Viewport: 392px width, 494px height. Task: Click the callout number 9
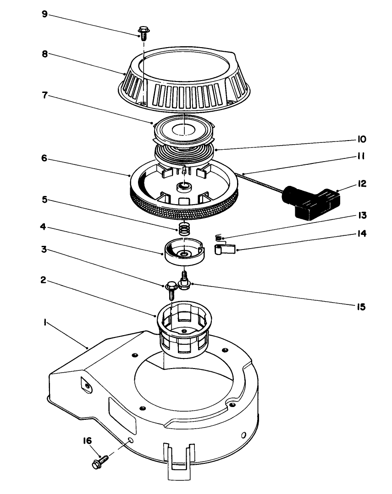click(x=44, y=14)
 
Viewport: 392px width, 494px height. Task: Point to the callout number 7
click(x=44, y=97)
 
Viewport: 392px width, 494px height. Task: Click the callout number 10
click(x=362, y=138)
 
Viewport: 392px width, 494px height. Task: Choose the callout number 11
click(x=361, y=157)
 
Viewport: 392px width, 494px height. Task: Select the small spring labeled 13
click(x=220, y=238)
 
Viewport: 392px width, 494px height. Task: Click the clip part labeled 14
click(x=224, y=250)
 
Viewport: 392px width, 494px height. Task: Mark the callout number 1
click(x=44, y=322)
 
